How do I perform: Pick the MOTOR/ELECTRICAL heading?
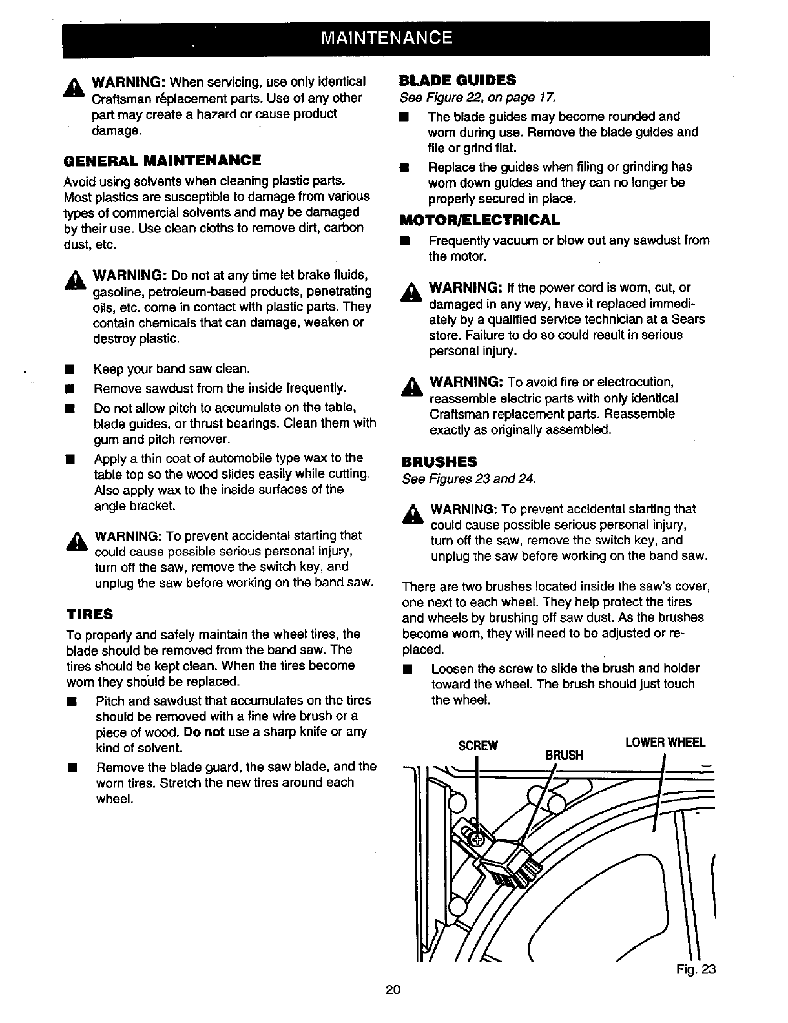click(481, 220)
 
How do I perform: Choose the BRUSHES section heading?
click(439, 462)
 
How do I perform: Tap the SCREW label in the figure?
click(478, 746)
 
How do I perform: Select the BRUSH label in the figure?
click(564, 754)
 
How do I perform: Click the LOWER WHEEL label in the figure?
click(665, 742)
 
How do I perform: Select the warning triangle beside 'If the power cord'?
click(410, 292)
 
